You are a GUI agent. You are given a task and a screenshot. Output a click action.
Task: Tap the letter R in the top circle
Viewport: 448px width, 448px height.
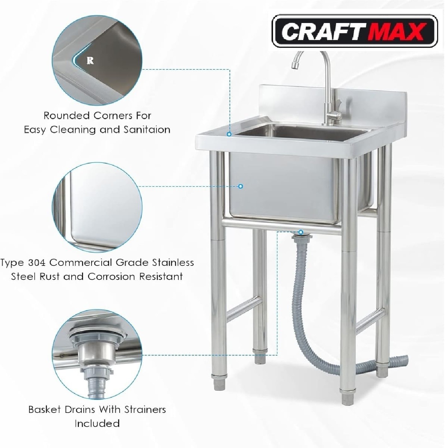coord(90,61)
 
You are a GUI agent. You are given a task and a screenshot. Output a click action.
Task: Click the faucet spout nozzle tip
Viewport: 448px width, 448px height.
coord(295,66)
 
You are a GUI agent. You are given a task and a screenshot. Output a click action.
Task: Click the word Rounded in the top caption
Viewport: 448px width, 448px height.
coord(67,116)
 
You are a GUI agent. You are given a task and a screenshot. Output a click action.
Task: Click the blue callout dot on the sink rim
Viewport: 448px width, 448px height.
coord(229,134)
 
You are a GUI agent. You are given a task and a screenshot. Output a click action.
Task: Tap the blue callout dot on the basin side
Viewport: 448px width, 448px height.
coord(241,186)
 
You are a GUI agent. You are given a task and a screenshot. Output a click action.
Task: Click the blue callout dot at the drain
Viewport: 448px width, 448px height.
coord(301,232)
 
